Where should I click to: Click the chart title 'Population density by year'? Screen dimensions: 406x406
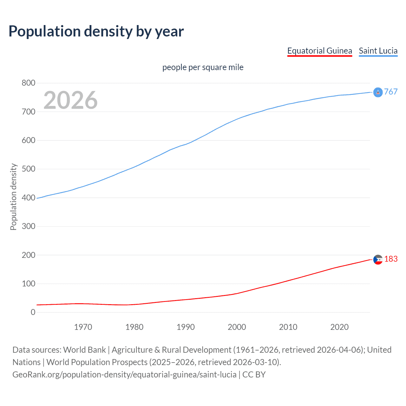click(x=96, y=31)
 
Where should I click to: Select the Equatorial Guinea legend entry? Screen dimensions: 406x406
click(x=319, y=51)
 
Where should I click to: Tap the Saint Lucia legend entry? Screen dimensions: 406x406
click(x=378, y=51)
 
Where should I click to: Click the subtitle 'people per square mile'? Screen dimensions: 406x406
click(x=203, y=68)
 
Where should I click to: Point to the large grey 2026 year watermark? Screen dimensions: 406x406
click(x=70, y=100)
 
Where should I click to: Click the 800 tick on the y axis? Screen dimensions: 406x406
click(x=28, y=83)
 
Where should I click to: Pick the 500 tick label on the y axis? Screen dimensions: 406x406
click(x=28, y=169)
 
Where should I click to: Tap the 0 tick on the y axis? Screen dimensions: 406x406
click(x=33, y=312)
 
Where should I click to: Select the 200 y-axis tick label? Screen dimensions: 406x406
click(x=28, y=255)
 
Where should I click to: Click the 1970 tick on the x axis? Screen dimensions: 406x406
click(x=83, y=327)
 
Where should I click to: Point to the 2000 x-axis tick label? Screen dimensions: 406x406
click(x=237, y=327)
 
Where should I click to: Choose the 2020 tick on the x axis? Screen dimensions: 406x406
click(x=339, y=327)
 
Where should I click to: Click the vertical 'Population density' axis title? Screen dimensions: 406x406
click(x=13, y=197)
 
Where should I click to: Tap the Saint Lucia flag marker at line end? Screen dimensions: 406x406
click(x=378, y=92)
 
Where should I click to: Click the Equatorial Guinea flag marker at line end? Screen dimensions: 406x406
click(x=378, y=260)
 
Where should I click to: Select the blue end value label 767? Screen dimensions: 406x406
click(x=391, y=92)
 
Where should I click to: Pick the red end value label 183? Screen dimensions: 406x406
click(x=391, y=259)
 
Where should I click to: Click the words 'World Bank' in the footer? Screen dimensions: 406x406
click(x=84, y=350)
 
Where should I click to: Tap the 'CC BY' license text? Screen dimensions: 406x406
click(x=254, y=375)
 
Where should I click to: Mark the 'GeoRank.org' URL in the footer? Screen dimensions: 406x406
click(x=37, y=375)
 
